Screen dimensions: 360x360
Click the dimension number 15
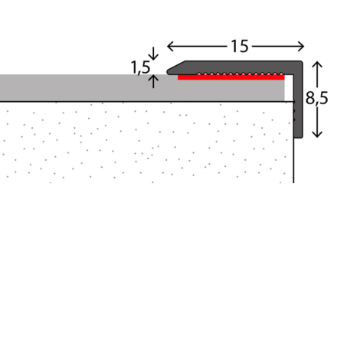pos(239,46)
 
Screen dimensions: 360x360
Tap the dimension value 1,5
pos(140,67)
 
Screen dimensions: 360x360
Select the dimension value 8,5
pos(316,98)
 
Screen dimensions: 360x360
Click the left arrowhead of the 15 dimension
pos(170,47)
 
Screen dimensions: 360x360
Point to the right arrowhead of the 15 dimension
pos(301,47)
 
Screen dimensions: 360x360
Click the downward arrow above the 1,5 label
pos(153,54)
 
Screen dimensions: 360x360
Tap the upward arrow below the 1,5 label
pos(153,81)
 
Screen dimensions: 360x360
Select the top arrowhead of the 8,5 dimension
pos(317,64)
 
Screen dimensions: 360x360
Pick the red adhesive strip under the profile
pos(231,77)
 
